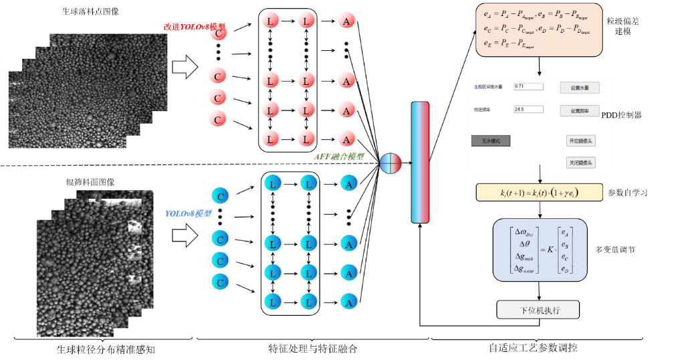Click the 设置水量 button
coord(579,88)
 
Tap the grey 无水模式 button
coord(491,141)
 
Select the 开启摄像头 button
coord(580,141)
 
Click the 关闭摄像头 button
coord(580,163)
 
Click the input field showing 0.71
coord(528,86)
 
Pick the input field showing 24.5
coord(528,109)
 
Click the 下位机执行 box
coord(538,310)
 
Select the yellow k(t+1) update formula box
coord(539,193)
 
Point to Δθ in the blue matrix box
coord(524,244)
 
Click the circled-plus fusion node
coord(391,163)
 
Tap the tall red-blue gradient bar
coord(420,162)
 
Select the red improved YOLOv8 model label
coord(194,27)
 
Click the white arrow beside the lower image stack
coord(185,236)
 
